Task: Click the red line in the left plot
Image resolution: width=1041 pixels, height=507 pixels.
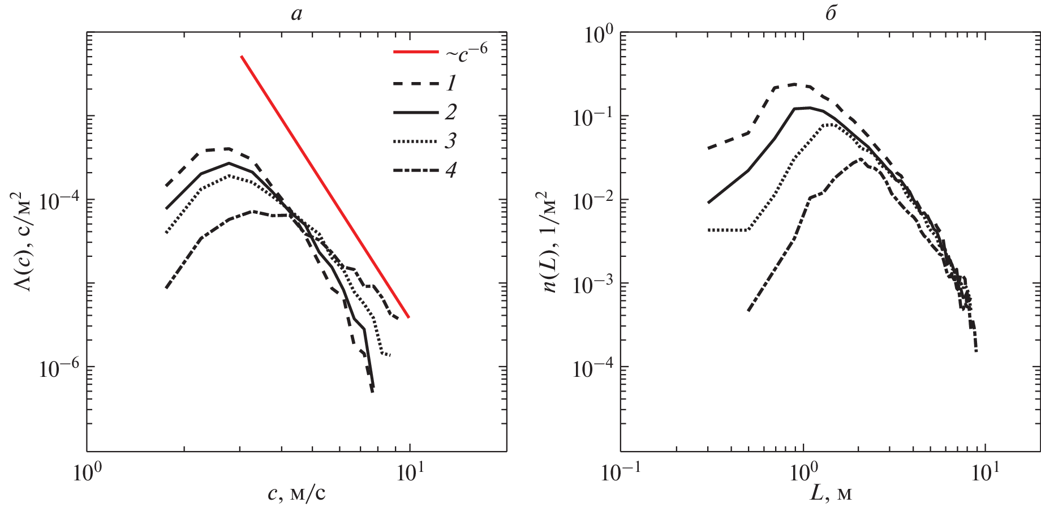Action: (x=325, y=187)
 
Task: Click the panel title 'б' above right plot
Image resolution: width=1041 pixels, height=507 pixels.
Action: (x=831, y=12)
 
